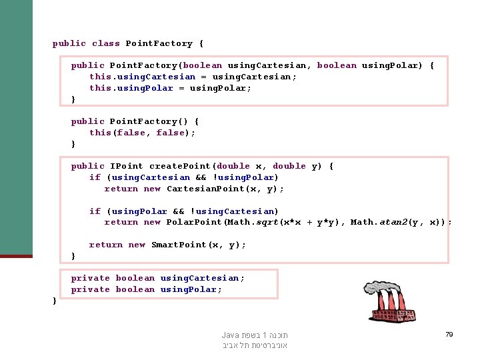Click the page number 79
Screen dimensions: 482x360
(449, 334)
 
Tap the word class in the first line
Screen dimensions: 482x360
(106, 43)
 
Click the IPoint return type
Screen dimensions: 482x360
(126, 166)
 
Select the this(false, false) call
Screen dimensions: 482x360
(142, 133)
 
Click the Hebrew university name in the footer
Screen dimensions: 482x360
(255, 345)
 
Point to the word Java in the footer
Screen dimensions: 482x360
(231, 335)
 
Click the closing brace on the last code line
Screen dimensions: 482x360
(55, 301)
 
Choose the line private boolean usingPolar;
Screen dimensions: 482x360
(147, 289)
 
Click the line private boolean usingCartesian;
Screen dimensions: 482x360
(158, 278)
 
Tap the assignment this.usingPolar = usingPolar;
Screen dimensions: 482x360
(171, 88)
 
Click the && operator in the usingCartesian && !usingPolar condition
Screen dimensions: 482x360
(201, 177)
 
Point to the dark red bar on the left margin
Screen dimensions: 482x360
(16, 256)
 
